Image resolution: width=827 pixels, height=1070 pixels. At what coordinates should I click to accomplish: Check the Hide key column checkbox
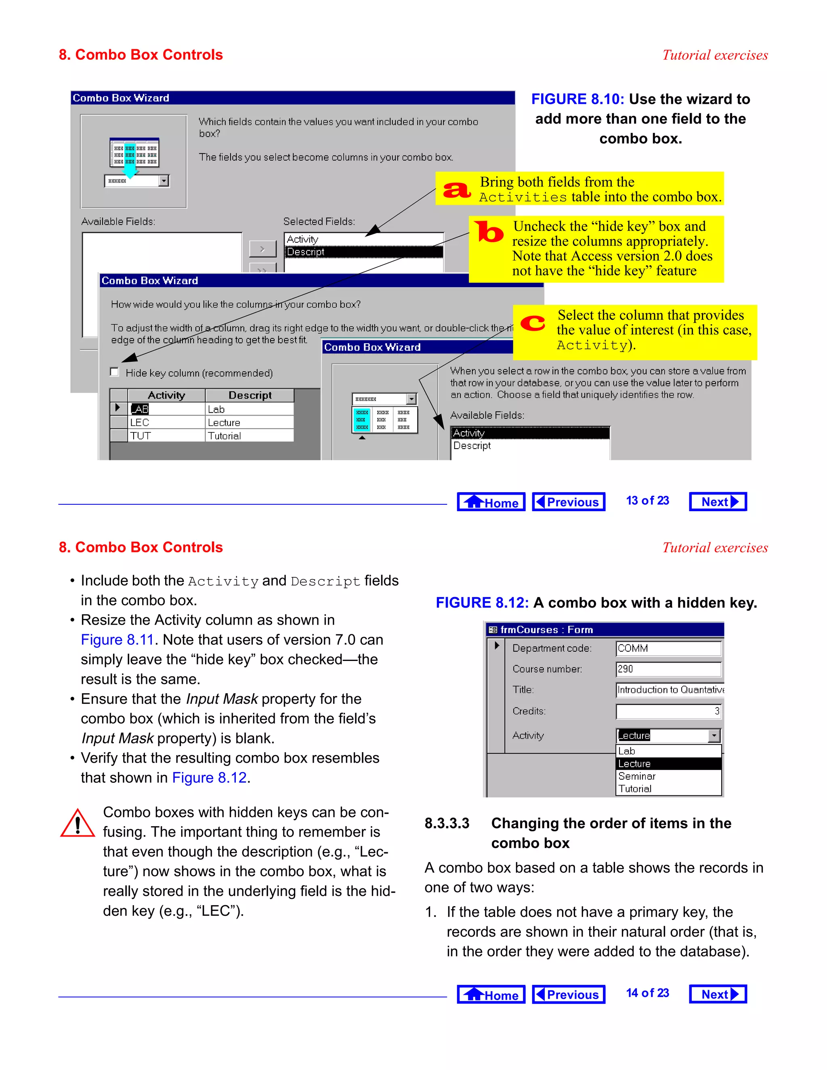click(115, 372)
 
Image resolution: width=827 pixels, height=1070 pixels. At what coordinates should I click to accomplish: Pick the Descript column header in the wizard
click(250, 395)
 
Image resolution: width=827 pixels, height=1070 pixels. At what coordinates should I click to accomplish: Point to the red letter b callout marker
click(489, 232)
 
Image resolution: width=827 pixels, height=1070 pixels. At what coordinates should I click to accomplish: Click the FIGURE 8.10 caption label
click(577, 99)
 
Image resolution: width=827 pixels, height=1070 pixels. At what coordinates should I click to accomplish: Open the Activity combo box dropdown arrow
click(714, 735)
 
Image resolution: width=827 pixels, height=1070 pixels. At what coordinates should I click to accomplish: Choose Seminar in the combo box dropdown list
click(636, 776)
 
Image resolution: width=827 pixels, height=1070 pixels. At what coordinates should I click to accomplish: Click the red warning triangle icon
click(78, 824)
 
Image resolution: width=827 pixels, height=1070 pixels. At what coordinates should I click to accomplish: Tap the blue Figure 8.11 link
click(117, 640)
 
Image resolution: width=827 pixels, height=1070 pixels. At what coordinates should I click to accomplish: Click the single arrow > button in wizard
click(262, 249)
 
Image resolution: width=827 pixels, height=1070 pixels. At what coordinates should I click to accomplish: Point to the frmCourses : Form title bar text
click(546, 629)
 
